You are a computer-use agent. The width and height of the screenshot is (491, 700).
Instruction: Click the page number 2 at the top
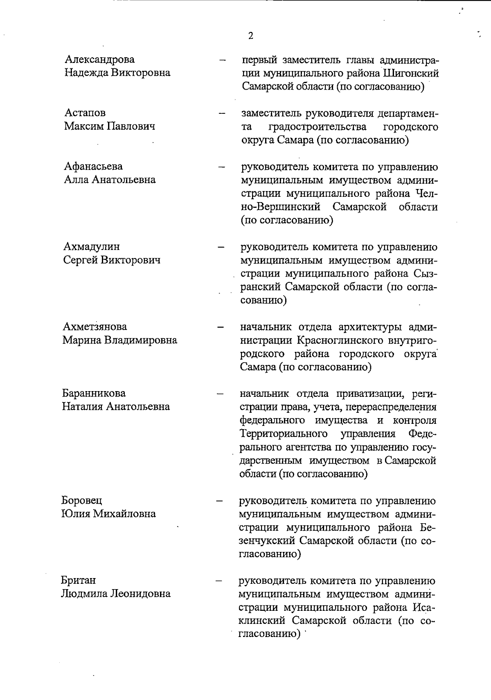(250, 36)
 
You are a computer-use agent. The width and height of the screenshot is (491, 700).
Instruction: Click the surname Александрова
(99, 60)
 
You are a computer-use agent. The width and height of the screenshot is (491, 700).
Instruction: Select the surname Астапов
(85, 113)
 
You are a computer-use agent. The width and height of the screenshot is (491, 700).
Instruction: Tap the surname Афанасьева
(93, 167)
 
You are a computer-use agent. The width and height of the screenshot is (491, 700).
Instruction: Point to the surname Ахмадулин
(92, 247)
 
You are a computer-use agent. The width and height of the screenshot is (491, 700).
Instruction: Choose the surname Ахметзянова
(95, 327)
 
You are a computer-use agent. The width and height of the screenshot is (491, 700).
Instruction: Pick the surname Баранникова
(94, 394)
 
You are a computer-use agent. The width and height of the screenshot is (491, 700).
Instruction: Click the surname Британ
(79, 581)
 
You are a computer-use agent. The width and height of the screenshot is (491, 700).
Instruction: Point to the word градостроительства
(317, 127)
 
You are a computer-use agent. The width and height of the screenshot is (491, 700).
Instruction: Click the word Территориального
(284, 434)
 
